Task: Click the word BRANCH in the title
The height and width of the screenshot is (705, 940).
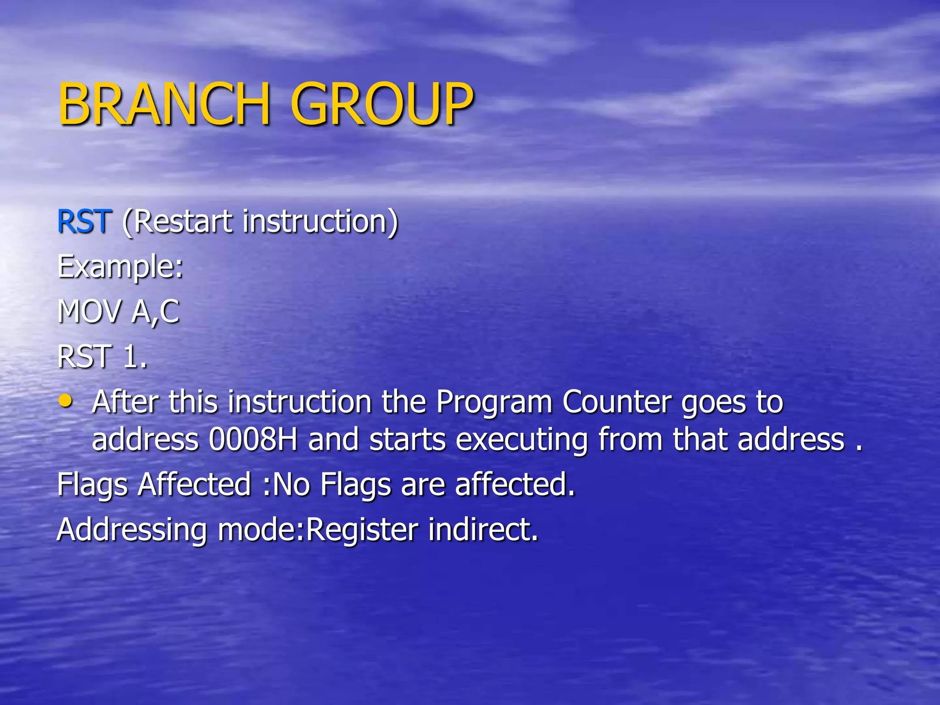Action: pos(163,104)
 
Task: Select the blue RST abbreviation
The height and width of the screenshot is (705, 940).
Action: pos(84,222)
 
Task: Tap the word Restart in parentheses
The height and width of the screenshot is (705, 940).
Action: pos(179,222)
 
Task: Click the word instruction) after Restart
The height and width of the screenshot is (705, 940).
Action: pos(320,222)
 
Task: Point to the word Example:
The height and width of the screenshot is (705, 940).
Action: pos(120,267)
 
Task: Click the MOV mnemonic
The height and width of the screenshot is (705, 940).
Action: pos(90,312)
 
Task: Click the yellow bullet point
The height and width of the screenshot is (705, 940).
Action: pos(66,401)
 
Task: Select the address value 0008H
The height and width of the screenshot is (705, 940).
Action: pos(253,439)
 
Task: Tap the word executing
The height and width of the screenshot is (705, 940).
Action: pos(521,440)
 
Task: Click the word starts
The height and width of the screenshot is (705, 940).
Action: pos(407,440)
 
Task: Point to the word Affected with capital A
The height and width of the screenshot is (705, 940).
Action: pos(194,484)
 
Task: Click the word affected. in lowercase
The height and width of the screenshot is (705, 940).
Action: pos(515,484)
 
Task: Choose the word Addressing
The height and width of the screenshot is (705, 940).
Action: pos(132,530)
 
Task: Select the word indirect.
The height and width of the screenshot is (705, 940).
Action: pos(483,529)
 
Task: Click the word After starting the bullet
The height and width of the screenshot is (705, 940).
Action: pos(125,402)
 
